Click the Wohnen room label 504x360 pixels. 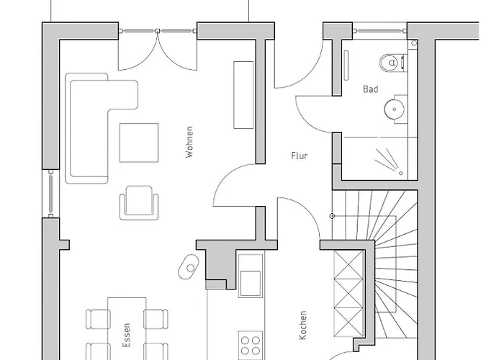(190, 142)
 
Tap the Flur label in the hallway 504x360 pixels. (300, 156)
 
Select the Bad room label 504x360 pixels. (370, 89)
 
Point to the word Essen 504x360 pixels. (127, 336)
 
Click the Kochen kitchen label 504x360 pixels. (303, 325)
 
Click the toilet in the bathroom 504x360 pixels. (392, 63)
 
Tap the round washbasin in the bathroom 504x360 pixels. (394, 109)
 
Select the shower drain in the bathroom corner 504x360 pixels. (401, 174)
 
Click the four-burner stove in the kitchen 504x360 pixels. (251, 345)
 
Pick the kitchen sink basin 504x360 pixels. (251, 283)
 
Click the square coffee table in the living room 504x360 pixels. (139, 143)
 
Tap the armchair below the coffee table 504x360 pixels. (139, 203)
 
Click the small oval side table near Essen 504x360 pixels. (189, 267)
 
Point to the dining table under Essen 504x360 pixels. (127, 328)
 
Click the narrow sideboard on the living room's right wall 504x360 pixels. (243, 95)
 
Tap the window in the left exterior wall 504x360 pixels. (51, 194)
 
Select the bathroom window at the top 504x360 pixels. (379, 31)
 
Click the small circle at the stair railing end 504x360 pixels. (333, 216)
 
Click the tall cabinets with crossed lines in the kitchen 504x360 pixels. (348, 294)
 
